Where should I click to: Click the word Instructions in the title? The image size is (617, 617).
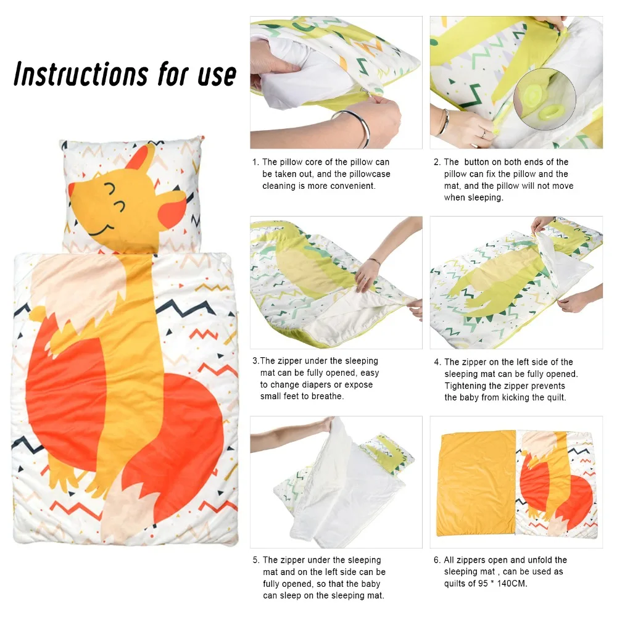coord(81,74)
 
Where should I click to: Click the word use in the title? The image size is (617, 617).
coord(217,75)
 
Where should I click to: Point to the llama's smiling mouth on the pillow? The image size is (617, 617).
coord(101,231)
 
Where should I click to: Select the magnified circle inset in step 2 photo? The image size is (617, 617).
coord(545,99)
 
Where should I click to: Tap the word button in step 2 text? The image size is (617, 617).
coord(476,162)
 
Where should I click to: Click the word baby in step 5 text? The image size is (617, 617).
coord(370,584)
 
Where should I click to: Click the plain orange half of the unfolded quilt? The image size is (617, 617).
coord(476,483)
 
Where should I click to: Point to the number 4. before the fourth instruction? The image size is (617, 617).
coord(437,362)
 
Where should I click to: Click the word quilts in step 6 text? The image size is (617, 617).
coord(455,584)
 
